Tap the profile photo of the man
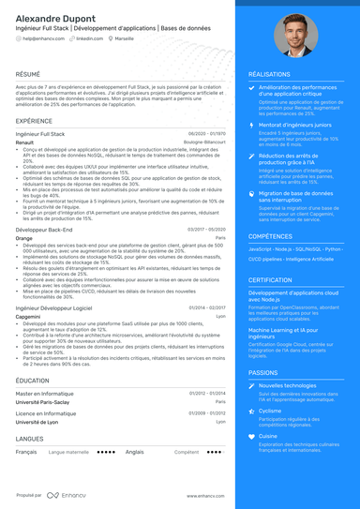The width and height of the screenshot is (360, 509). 295,37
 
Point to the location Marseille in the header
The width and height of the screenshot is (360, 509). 138,39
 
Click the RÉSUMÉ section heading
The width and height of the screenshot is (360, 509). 28,73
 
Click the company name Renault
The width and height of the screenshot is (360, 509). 25,142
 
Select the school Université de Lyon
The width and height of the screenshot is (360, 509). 37,422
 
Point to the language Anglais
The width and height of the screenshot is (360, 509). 134,451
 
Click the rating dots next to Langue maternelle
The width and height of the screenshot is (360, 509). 106,451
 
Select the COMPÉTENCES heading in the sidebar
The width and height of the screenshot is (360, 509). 270,236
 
